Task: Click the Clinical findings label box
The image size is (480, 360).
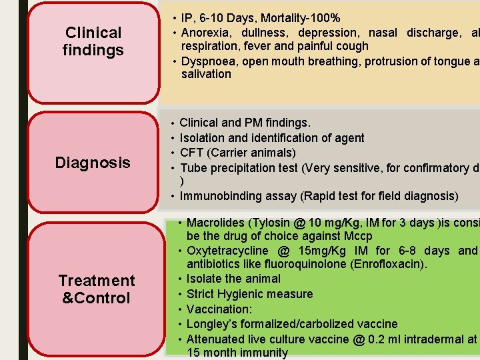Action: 93,41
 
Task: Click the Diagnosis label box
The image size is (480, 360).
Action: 93,162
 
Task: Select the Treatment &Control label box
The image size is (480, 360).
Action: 96,289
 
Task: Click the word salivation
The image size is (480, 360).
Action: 206,74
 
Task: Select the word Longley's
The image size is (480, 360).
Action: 212,324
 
